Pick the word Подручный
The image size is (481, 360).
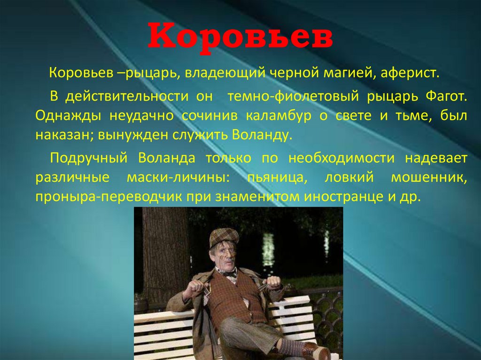click(89, 158)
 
